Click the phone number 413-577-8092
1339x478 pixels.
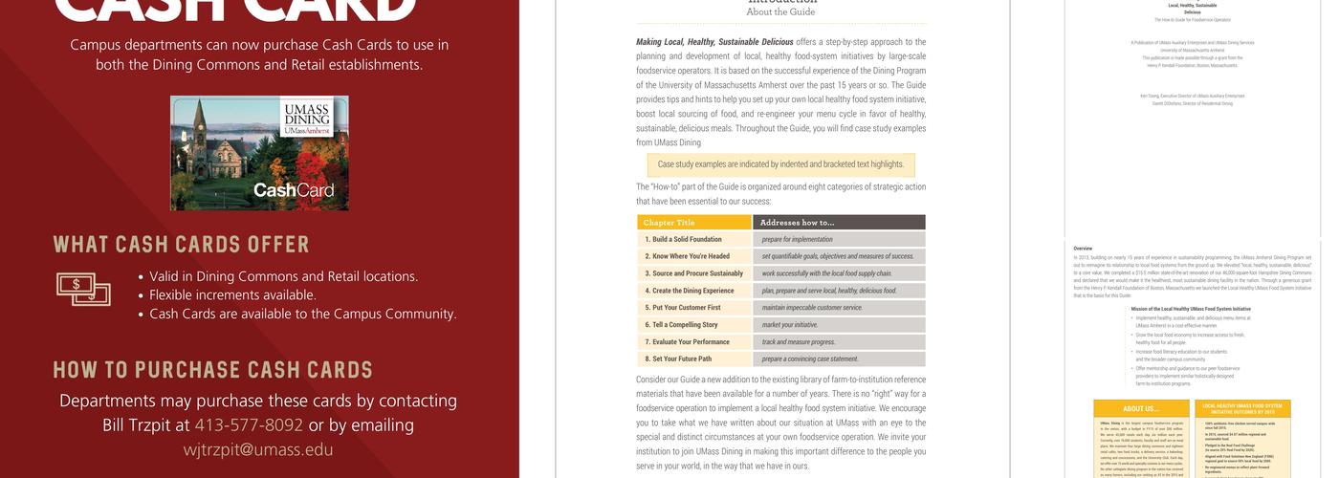pos(249,425)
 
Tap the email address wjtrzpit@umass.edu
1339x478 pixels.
pos(258,449)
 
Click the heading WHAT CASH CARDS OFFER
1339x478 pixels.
pos(181,245)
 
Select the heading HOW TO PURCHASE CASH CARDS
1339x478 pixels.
pos(212,370)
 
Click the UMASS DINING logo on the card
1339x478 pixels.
pos(307,119)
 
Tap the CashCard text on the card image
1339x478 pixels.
pos(294,190)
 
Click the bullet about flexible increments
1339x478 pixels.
pos(232,294)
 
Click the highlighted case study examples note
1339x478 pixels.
pos(780,164)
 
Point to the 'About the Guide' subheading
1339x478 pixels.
pos(780,12)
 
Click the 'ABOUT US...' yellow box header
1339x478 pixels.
pos(1140,409)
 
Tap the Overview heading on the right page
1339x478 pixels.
pos(1083,249)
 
